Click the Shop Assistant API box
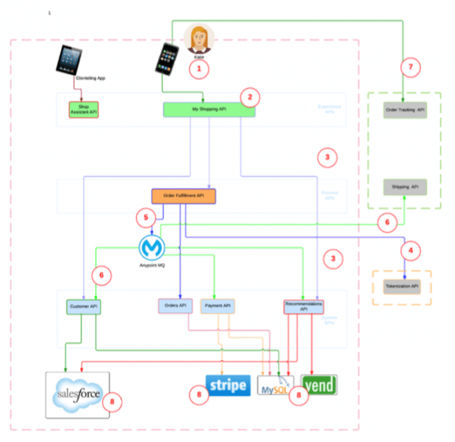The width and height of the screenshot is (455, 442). coord(83,109)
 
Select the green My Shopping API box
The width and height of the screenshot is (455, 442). coord(209,109)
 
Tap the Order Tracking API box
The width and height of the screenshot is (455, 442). coord(405,110)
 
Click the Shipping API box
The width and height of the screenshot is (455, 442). coord(405,187)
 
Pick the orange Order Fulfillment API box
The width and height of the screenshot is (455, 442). coord(183,196)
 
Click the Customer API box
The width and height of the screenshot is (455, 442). coord(84,307)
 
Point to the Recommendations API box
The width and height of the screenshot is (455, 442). coord(303,306)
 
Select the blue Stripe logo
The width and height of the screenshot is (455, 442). coord(227,385)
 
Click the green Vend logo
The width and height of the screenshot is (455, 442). coord(319,385)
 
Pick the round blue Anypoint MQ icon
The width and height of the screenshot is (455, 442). coord(152,248)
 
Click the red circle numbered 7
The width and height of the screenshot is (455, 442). coord(412,68)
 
